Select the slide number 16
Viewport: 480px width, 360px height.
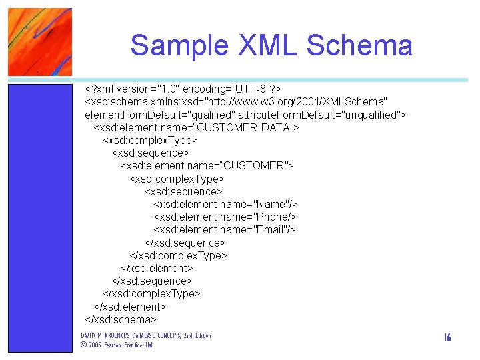pos(447,338)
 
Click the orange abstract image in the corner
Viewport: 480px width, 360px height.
pos(40,41)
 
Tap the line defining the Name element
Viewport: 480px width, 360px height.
pos(225,204)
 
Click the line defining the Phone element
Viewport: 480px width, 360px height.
pos(225,217)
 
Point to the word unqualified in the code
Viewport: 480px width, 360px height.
pos(369,114)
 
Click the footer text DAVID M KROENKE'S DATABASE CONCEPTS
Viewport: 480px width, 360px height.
pos(145,335)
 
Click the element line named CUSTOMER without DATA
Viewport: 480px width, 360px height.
pos(207,165)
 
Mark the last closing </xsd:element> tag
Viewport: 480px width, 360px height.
pos(129,307)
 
